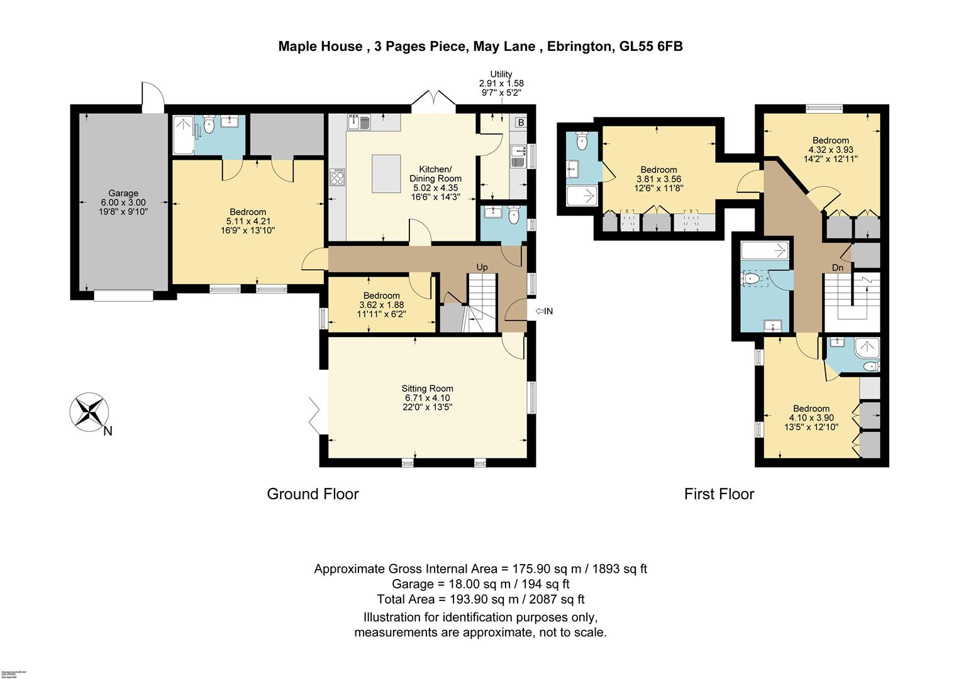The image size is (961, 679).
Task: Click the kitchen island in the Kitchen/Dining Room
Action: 386,174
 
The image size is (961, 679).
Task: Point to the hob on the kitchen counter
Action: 336,177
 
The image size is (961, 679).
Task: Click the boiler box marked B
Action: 521,123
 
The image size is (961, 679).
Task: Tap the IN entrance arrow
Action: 544,311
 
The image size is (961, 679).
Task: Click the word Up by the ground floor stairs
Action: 482,267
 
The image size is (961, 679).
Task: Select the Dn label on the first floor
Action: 837,268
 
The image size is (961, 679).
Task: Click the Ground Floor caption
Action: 313,494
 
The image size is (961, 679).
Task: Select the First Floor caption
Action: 719,494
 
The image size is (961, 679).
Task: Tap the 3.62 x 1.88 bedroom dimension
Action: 381,305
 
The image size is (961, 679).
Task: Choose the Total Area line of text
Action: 480,599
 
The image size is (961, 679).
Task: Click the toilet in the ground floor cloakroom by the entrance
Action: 514,217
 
